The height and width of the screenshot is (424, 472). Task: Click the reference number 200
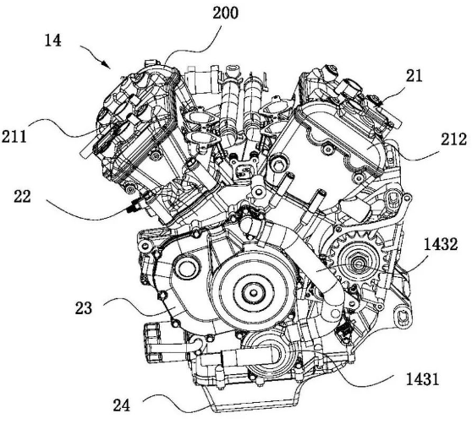click(x=226, y=14)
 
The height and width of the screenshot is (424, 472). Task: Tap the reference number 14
click(x=53, y=41)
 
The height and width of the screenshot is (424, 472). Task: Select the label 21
click(x=414, y=76)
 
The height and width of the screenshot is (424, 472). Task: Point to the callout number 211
click(x=14, y=137)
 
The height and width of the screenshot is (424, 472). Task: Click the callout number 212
click(x=454, y=139)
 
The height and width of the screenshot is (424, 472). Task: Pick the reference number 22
click(x=23, y=197)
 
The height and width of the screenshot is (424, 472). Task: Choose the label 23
click(x=84, y=307)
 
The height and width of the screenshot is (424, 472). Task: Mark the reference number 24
click(x=122, y=405)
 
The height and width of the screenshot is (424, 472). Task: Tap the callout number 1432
click(x=441, y=244)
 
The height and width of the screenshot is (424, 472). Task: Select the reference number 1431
click(x=422, y=379)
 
